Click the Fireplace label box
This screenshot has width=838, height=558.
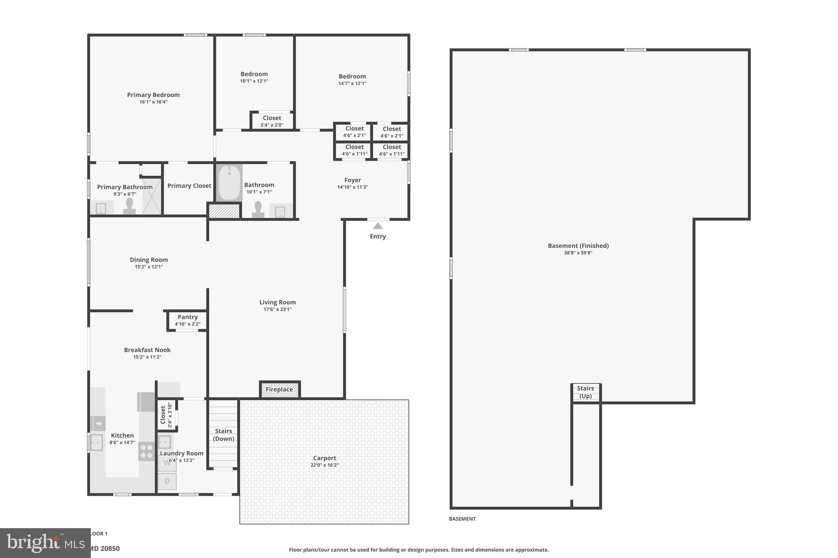(279, 390)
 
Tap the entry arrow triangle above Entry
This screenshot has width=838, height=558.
(378, 226)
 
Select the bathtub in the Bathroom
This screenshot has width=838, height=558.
(229, 183)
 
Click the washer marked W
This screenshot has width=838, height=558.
(167, 463)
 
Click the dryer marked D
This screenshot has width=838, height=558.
(167, 481)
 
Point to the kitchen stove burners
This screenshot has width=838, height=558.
(146, 451)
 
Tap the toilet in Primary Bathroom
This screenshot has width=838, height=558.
(129, 206)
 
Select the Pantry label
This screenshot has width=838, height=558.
(187, 317)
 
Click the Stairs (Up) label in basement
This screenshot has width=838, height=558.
(586, 392)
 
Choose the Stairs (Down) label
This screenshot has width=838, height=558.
(224, 435)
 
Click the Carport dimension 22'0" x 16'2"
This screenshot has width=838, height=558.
(324, 465)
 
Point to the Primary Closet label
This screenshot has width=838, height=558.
(189, 186)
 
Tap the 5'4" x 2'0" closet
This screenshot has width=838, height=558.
(272, 121)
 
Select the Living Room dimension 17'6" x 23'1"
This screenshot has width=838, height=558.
(277, 309)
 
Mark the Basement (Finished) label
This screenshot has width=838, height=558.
(578, 246)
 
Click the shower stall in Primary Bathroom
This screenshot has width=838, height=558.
(152, 196)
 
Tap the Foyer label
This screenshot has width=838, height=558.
(352, 180)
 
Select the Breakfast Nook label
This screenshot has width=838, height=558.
(147, 350)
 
